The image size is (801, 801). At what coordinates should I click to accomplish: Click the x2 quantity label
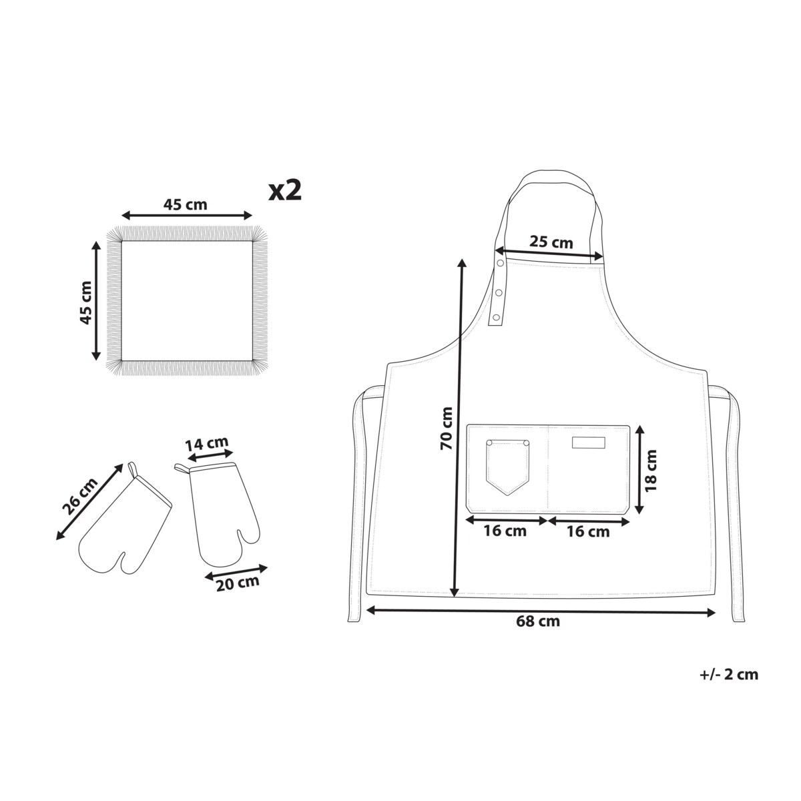[285, 191]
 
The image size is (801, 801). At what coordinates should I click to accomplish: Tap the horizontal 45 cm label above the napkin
[185, 204]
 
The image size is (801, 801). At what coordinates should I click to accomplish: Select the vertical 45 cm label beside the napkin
[86, 302]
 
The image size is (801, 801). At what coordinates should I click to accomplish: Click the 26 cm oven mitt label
[79, 497]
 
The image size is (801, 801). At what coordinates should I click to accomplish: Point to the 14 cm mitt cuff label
[206, 444]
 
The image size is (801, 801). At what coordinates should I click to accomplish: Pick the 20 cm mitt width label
[238, 583]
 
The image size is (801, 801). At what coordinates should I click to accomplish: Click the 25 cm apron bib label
[551, 242]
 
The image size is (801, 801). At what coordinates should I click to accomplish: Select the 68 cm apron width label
[538, 621]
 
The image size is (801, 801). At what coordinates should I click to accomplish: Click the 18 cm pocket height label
[651, 471]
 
